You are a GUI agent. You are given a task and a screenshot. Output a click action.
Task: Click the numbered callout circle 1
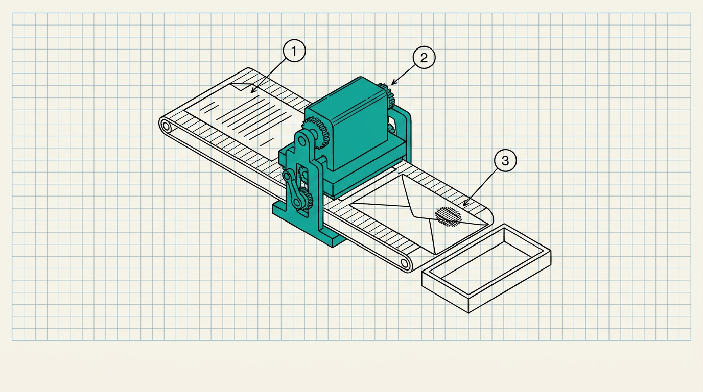(294, 51)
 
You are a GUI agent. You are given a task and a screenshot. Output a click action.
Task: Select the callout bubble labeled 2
(424, 57)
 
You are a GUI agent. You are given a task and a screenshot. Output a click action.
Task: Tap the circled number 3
(505, 161)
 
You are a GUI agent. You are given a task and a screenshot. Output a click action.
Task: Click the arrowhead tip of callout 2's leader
(391, 85)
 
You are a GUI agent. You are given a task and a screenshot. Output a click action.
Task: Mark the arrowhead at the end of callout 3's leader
(463, 206)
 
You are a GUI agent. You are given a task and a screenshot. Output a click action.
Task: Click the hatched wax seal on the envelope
(448, 216)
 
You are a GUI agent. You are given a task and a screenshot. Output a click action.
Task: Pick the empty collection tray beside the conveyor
(486, 268)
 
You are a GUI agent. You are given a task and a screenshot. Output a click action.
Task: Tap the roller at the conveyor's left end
(166, 127)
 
